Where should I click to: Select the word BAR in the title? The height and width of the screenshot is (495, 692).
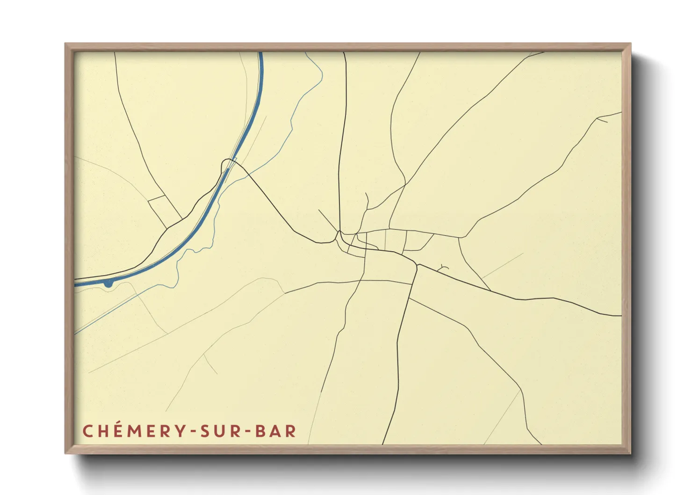click(276, 431)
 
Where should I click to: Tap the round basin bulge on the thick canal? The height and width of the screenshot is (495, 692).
click(108, 283)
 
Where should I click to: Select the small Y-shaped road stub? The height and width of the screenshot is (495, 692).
click(442, 268)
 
